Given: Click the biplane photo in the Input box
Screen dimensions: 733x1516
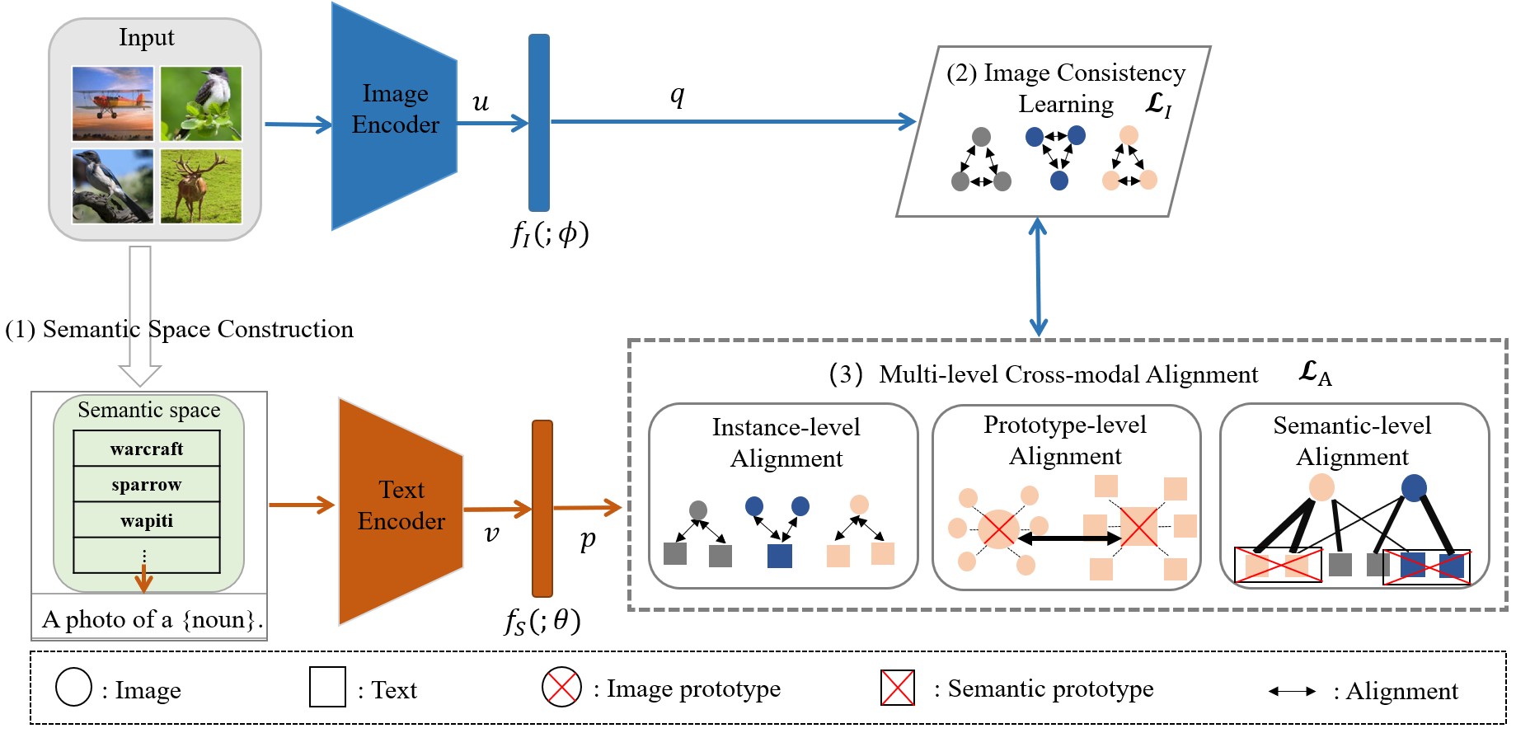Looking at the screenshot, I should pos(112,103).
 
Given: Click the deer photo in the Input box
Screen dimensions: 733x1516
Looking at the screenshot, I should pos(200,186).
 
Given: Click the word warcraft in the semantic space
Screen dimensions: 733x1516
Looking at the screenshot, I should pos(147,449).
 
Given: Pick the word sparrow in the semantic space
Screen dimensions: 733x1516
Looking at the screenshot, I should pos(147,485).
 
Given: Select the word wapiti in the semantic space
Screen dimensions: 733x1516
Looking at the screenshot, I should pos(147,521).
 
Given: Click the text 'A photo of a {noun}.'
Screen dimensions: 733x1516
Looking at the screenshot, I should pos(152,619).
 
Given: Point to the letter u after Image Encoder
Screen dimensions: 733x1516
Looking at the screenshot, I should pos(480,102).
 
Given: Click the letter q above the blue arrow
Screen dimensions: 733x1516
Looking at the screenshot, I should pos(677,95).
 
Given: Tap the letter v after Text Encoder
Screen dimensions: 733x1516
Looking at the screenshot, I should pos(491,534).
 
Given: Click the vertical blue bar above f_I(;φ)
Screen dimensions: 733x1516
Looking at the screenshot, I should pos(538,122).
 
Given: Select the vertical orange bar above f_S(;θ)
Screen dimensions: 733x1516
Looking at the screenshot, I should pos(542,508).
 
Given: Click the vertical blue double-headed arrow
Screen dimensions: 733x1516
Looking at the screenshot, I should pos(1038,277).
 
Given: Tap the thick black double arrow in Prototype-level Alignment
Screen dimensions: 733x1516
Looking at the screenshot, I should pos(1068,538).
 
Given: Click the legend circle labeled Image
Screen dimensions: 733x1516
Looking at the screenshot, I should pos(73,688).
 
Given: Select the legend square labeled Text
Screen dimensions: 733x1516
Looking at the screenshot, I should pos(327,688).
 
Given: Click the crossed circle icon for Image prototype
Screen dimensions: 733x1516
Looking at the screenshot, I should pos(561,687).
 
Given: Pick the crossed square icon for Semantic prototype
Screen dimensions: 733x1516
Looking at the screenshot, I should pos(897,688).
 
